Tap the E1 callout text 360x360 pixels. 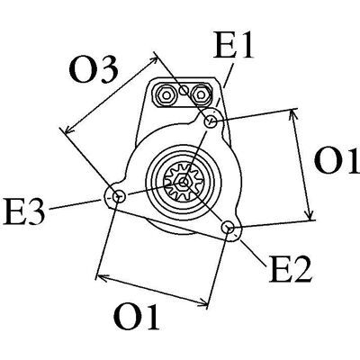pyautogui.click(x=233, y=46)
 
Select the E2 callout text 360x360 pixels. pyautogui.click(x=291, y=269)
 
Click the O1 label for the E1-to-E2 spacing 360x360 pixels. pyautogui.click(x=337, y=160)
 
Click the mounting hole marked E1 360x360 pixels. pyautogui.click(x=211, y=121)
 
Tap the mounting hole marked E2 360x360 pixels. pyautogui.click(x=229, y=227)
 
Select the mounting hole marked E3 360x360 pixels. pyautogui.click(x=119, y=197)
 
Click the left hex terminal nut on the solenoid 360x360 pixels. pyautogui.click(x=166, y=95)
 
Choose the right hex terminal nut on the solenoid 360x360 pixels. pyautogui.click(x=200, y=95)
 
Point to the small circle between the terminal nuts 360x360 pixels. pyautogui.click(x=184, y=90)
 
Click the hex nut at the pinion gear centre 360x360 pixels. pyautogui.click(x=184, y=182)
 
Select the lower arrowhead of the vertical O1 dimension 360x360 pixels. pyautogui.click(x=310, y=214)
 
